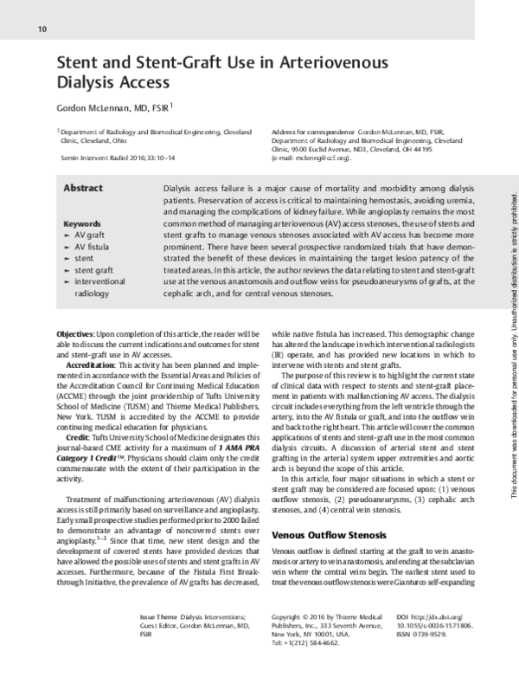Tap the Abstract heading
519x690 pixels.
click(83, 188)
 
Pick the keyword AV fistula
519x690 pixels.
click(93, 246)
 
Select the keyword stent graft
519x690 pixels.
click(94, 269)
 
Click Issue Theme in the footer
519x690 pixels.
click(161, 615)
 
